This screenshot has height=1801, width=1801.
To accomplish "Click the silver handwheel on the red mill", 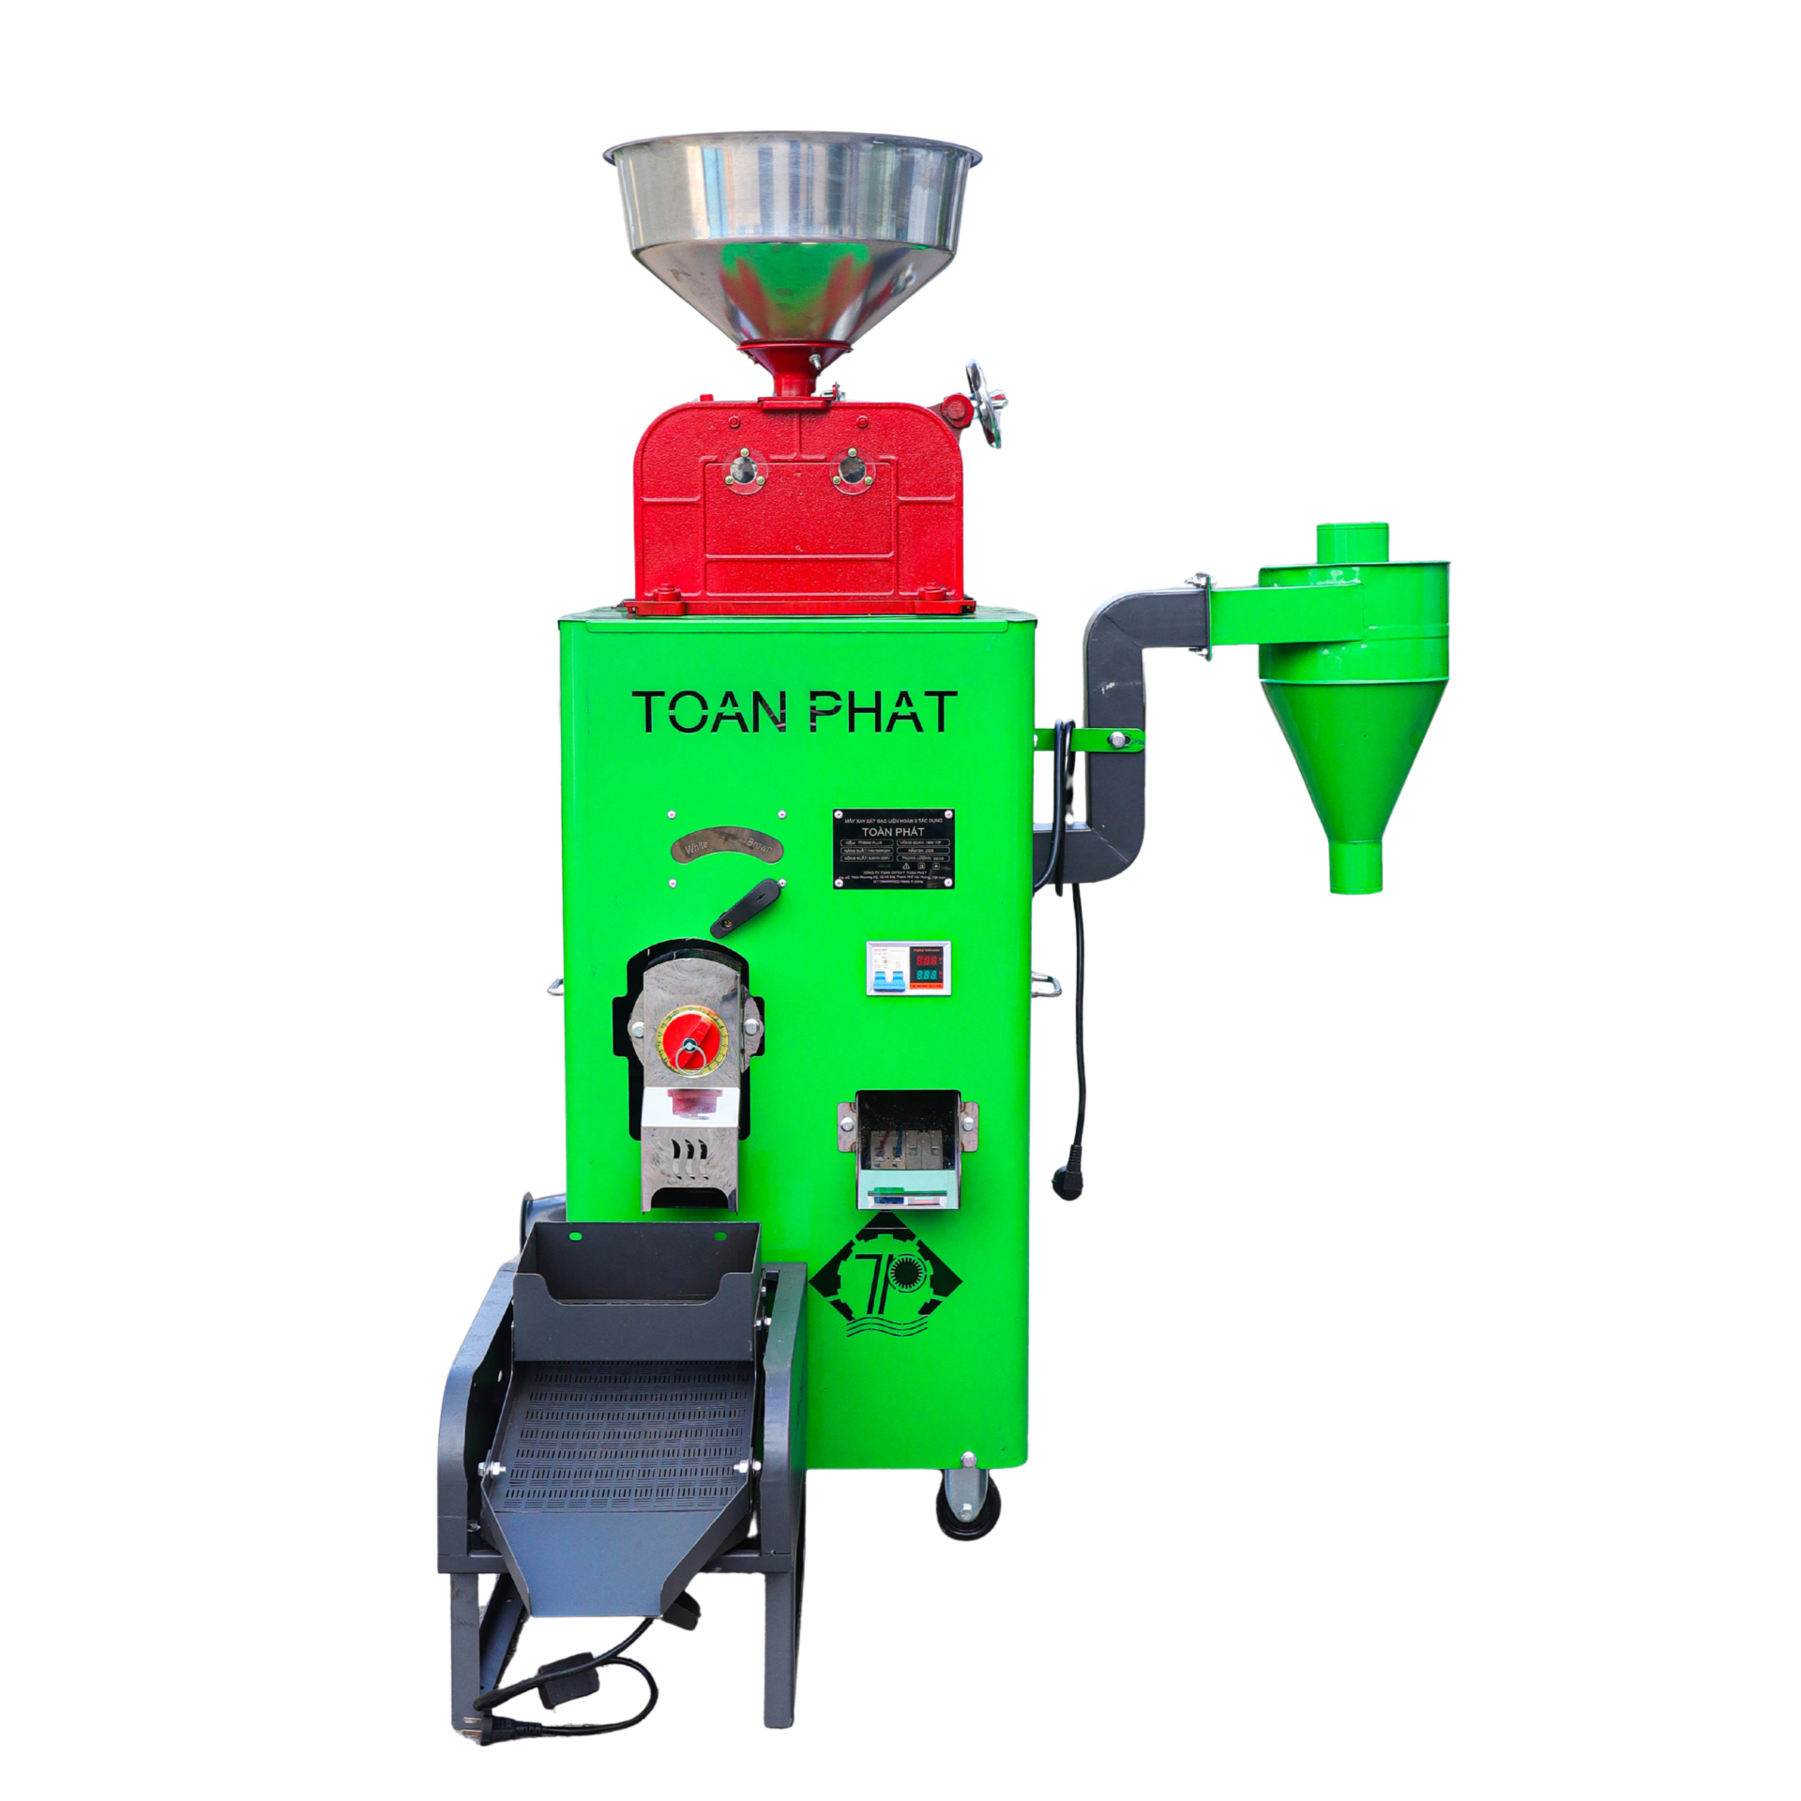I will point(986,404).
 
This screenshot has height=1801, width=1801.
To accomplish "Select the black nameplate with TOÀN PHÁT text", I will point(893,848).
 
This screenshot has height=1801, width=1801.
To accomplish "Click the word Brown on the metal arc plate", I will point(758,844).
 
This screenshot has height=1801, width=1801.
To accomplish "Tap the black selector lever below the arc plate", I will point(746,907).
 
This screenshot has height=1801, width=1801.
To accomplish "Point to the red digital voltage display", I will point(928,961).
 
